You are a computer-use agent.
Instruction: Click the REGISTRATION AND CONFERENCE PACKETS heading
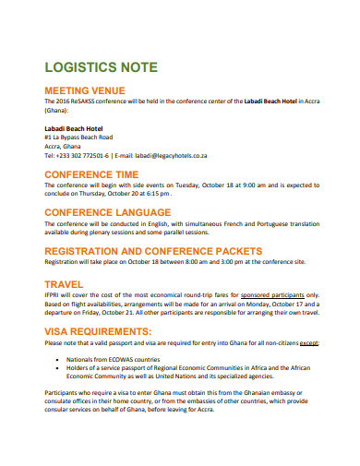[144, 250]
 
